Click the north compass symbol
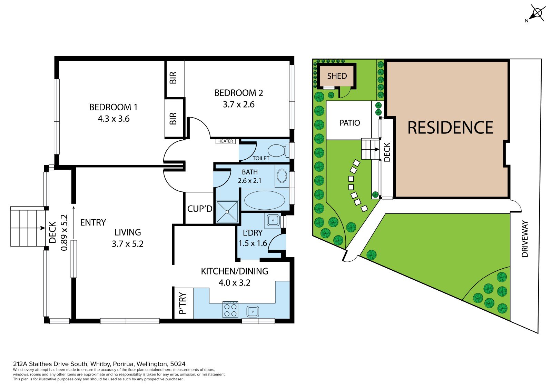click(x=536, y=13)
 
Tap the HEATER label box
click(x=226, y=141)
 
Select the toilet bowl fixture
click(x=277, y=151)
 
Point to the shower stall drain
click(x=227, y=212)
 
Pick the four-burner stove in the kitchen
click(x=230, y=309)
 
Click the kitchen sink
click(x=253, y=312)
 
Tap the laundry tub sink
click(x=273, y=220)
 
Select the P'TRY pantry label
click(x=183, y=303)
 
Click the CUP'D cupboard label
click(x=200, y=209)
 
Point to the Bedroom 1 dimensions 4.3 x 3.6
click(x=114, y=119)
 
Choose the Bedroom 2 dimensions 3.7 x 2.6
click(x=238, y=104)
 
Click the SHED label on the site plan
click(x=337, y=76)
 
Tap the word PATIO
click(x=350, y=123)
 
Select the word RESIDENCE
click(x=450, y=128)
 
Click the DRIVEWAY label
click(x=525, y=239)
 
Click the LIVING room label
click(x=128, y=232)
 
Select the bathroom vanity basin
click(x=282, y=176)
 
